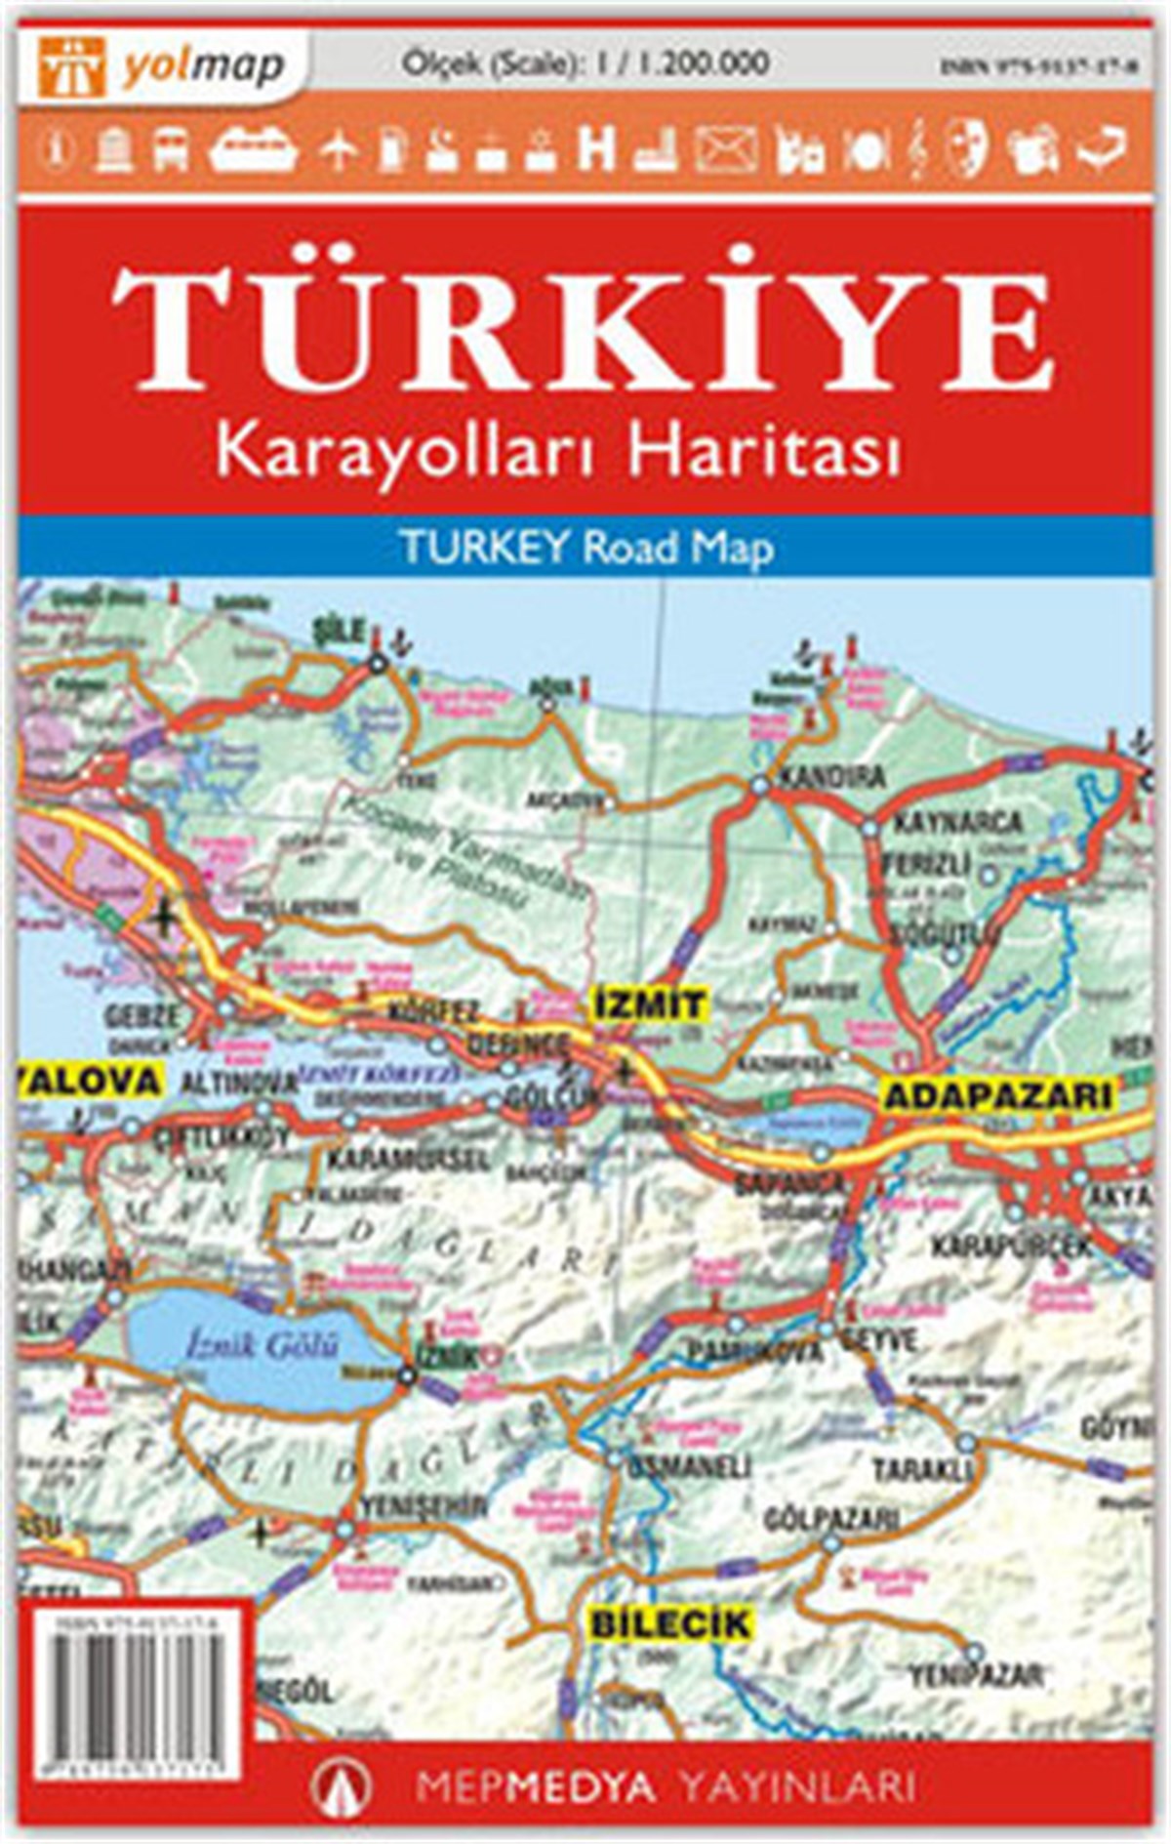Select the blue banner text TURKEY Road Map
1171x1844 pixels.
586,548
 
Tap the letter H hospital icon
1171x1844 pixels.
596,149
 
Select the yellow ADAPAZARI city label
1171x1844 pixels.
997,1094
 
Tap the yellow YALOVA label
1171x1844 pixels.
88,1081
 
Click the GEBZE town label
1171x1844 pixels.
144,1014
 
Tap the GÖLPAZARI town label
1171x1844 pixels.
831,1519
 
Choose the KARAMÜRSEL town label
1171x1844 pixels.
407,1161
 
